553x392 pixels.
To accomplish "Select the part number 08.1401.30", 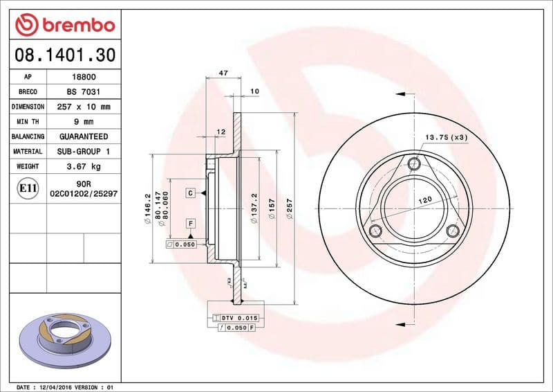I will [x=62, y=54].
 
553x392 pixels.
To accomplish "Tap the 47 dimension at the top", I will [x=223, y=72].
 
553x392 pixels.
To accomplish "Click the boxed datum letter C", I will [x=190, y=193].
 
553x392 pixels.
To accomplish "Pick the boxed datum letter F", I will [x=189, y=223].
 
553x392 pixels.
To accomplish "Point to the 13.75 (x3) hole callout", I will [x=446, y=137].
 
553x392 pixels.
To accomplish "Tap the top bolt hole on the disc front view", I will [x=414, y=163].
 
